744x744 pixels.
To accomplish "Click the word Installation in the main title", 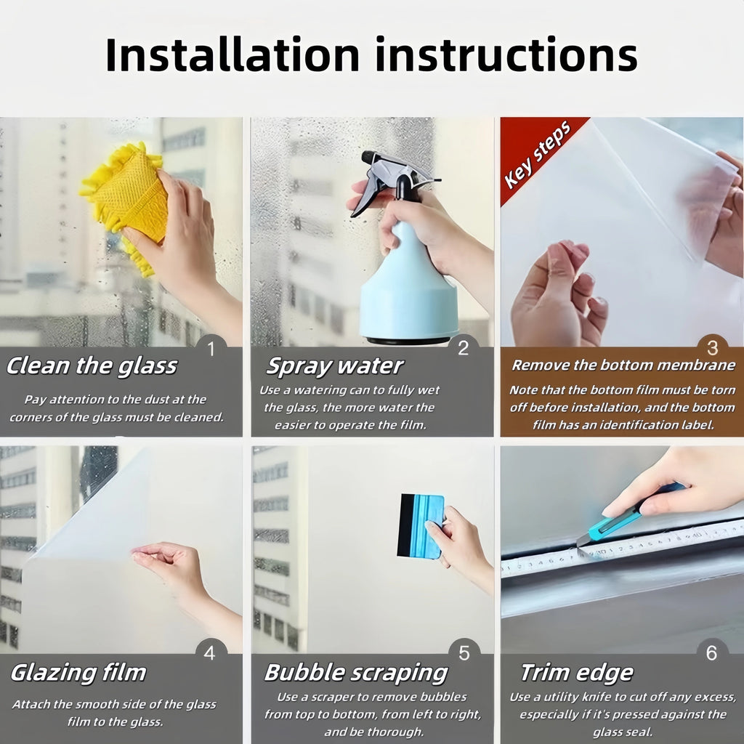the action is pos(232,54).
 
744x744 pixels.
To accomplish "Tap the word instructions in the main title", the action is pos(506,54).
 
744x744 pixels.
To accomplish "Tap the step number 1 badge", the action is pos(211,349).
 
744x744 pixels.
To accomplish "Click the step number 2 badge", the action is pos(463,348).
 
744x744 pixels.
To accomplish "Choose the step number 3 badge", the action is pos(712,348).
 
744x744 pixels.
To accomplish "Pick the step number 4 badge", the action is pos(210,653).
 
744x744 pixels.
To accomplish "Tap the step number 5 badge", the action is pos(464,653).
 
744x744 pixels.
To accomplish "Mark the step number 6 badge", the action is pos(712,653).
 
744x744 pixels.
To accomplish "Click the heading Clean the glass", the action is pos(92,366).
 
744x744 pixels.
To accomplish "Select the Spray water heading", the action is pos(335,366).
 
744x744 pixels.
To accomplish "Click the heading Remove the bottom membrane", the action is pos(623,365).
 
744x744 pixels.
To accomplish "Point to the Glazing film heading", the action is pos(78,673).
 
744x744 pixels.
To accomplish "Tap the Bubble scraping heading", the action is pos(356,673).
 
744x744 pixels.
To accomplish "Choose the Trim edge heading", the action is pos(577,673).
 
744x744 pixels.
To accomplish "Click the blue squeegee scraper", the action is pos(421,526).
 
